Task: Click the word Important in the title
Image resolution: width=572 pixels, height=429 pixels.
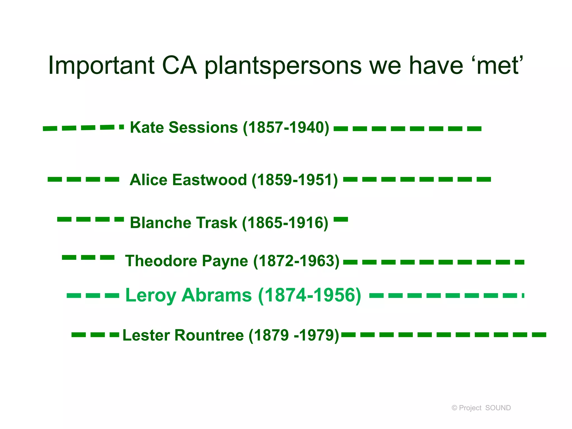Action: pos(101,66)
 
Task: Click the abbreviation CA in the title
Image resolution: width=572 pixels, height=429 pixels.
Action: pos(179,66)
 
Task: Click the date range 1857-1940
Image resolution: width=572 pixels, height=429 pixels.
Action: pos(286,128)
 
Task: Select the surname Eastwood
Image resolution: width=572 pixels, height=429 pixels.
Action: pos(209,180)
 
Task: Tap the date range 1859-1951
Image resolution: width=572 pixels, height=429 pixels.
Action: pos(295,180)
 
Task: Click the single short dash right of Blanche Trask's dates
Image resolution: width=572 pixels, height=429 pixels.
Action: pos(341,219)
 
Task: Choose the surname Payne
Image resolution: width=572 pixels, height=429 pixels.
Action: pos(225,261)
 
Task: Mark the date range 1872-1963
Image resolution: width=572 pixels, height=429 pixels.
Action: pos(296,261)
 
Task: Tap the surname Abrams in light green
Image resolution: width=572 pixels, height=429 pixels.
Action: pos(216,295)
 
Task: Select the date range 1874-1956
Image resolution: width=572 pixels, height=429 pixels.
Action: pos(309,295)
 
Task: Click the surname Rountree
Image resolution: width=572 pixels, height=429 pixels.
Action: pos(209,335)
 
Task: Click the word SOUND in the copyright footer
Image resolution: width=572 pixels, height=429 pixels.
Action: pos(498,408)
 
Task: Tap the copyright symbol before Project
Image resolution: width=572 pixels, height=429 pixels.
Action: pos(454,408)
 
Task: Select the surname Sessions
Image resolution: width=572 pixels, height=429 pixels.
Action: pos(203,127)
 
